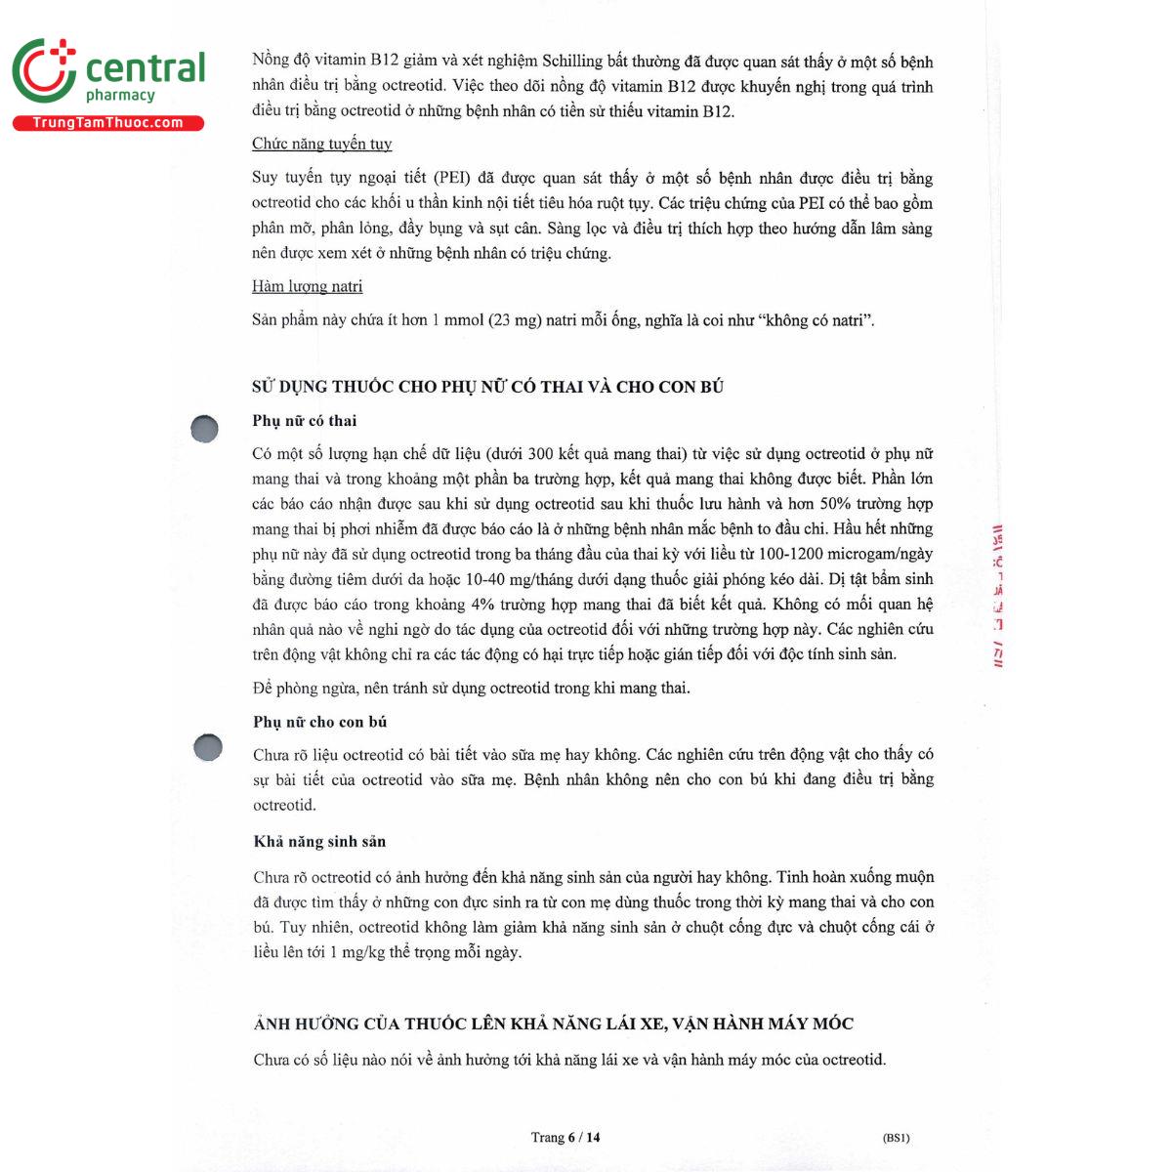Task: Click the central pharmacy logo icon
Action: tap(44, 70)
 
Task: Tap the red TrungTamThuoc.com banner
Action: tap(107, 123)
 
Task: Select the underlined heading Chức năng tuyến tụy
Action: tap(321, 144)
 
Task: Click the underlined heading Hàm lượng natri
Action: tap(307, 286)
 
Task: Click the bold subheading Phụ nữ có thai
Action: tap(304, 421)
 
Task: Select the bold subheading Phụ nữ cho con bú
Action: tap(319, 722)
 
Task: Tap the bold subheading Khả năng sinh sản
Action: tap(319, 841)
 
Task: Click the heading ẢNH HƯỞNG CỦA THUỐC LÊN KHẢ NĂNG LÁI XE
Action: tap(553, 1024)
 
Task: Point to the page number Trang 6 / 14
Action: tap(565, 1137)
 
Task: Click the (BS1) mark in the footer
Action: tap(896, 1138)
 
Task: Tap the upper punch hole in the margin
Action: tap(204, 429)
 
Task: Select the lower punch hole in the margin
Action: tap(208, 747)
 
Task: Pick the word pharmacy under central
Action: tap(120, 96)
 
